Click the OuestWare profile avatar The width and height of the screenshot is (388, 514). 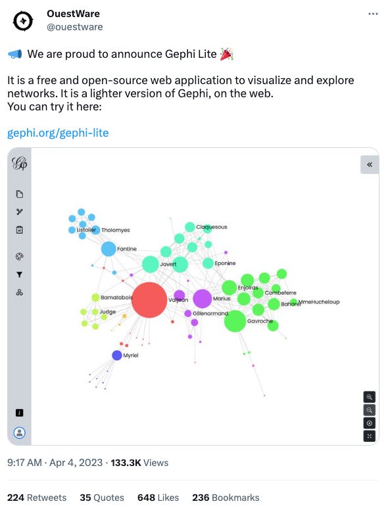click(23, 20)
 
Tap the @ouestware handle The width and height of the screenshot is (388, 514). click(75, 27)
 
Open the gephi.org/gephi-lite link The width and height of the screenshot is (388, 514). click(58, 133)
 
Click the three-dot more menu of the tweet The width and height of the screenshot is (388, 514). click(373, 14)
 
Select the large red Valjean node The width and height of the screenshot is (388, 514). click(150, 300)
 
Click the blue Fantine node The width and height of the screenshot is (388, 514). click(109, 249)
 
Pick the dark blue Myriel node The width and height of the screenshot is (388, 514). click(117, 356)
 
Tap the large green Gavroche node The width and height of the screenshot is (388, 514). click(235, 321)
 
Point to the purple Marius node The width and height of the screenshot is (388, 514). click(203, 298)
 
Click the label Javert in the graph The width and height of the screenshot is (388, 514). click(168, 264)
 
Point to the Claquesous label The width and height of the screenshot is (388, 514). click(211, 227)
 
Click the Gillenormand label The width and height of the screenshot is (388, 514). click(210, 314)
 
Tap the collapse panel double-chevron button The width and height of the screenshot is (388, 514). click(370, 164)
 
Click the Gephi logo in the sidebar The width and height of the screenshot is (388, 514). click(20, 164)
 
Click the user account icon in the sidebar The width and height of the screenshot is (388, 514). click(20, 432)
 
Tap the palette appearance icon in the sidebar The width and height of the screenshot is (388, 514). click(20, 257)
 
